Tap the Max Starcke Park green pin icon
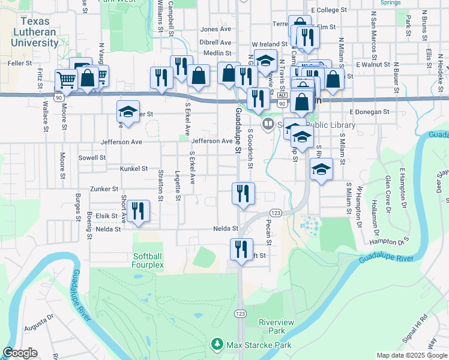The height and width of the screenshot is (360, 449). click(x=216, y=345)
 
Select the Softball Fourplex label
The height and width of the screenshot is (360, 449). click(x=148, y=260)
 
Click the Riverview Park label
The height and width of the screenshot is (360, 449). click(x=276, y=326)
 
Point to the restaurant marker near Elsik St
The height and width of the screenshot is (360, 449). click(x=139, y=211)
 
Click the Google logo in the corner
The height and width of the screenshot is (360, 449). click(x=20, y=353)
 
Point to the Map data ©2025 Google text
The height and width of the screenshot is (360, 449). click(x=411, y=355)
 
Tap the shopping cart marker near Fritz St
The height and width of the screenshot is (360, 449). click(x=66, y=79)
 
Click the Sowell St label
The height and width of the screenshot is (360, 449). click(x=92, y=158)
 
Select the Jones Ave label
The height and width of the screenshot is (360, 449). click(x=215, y=29)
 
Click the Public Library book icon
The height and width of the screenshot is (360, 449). click(x=267, y=124)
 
